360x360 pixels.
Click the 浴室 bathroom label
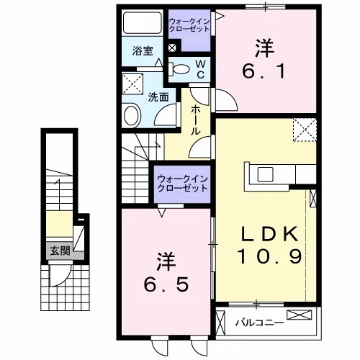(143, 51)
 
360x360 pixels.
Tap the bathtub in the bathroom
(142, 23)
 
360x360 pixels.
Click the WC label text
(201, 70)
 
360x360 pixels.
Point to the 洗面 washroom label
(158, 97)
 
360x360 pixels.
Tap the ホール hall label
(195, 120)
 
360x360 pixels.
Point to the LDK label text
(270, 234)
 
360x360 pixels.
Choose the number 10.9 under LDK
(269, 256)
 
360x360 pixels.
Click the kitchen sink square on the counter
(266, 174)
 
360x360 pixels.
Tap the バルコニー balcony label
(259, 323)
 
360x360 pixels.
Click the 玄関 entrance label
(60, 251)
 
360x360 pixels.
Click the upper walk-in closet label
(189, 25)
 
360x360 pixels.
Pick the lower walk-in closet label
(182, 184)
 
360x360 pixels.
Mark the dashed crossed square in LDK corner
(305, 130)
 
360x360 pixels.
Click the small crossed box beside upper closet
(172, 48)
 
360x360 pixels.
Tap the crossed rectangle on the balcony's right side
(300, 315)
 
